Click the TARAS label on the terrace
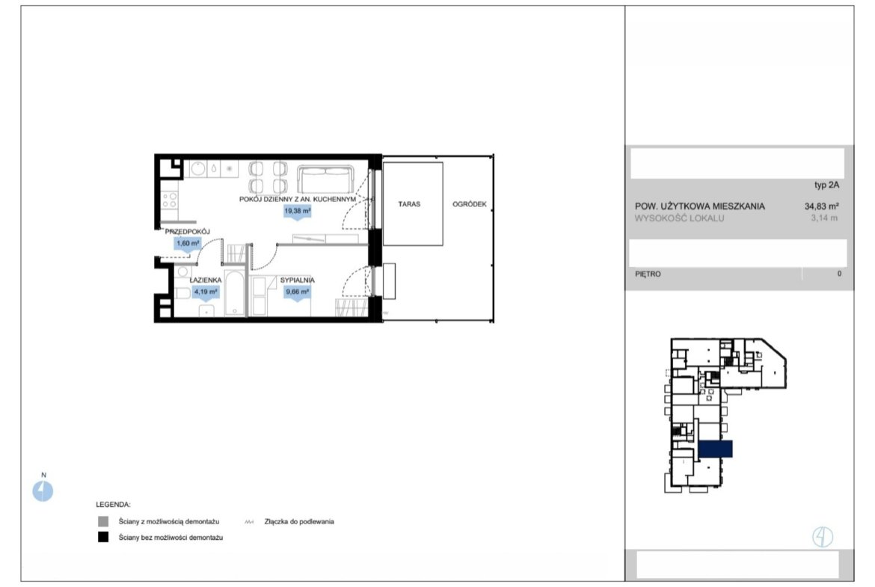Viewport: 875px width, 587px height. pyautogui.click(x=409, y=204)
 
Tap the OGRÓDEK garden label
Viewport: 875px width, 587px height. pyautogui.click(x=470, y=204)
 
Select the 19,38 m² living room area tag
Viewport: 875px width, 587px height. pyautogui.click(x=298, y=212)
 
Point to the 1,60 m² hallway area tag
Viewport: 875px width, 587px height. pyautogui.click(x=188, y=244)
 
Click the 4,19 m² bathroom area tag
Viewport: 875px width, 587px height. pyautogui.click(x=206, y=292)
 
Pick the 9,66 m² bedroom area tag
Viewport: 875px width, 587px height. pyautogui.click(x=298, y=292)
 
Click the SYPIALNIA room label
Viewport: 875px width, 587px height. pyautogui.click(x=298, y=280)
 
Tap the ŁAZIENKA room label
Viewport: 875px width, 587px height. pyautogui.click(x=206, y=280)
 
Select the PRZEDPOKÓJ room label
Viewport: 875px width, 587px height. pyautogui.click(x=188, y=232)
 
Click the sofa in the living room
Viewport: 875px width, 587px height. pyautogui.click(x=326, y=178)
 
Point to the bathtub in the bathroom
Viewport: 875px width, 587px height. pyautogui.click(x=234, y=294)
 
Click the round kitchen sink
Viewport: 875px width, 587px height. pyautogui.click(x=198, y=168)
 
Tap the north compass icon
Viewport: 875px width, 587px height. pyautogui.click(x=43, y=491)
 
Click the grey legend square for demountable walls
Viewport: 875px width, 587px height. pyautogui.click(x=103, y=522)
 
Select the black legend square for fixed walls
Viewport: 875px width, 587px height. pyautogui.click(x=103, y=538)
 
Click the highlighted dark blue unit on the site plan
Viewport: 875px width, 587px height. pyautogui.click(x=716, y=449)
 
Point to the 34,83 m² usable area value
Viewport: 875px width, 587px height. pyautogui.click(x=821, y=206)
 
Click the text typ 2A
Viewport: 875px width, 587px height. pyautogui.click(x=826, y=185)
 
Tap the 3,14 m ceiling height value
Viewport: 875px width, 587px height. pyautogui.click(x=824, y=218)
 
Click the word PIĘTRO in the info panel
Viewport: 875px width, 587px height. pyautogui.click(x=648, y=274)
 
